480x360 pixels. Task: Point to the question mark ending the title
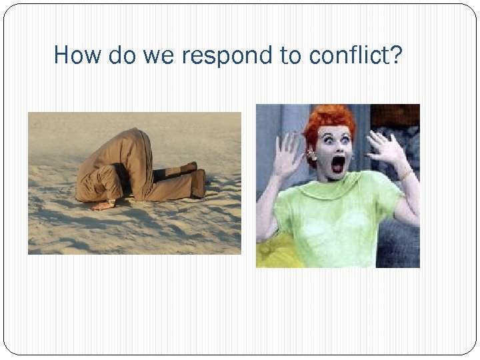[397, 55]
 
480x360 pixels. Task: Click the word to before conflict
[291, 56]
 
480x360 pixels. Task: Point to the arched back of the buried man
[133, 143]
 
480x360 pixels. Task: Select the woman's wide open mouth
[338, 163]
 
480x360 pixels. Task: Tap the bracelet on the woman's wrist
[405, 175]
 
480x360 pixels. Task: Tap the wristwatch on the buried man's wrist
[110, 200]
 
